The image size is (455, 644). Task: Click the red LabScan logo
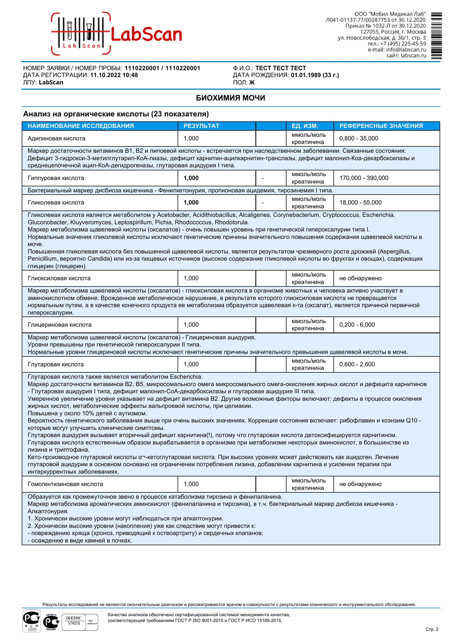tap(116, 34)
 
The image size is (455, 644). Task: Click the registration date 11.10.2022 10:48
tap(114, 75)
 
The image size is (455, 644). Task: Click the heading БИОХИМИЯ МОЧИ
tap(230, 98)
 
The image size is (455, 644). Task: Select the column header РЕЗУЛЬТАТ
tap(201, 126)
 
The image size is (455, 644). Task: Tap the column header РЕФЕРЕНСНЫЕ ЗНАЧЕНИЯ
tap(381, 126)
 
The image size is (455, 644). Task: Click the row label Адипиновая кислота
tap(56, 138)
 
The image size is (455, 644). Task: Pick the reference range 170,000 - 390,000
tap(364, 178)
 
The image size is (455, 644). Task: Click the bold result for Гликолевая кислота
tap(191, 203)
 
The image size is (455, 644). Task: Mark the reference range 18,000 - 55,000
tap(360, 203)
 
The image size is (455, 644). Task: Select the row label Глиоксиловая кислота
tap(59, 278)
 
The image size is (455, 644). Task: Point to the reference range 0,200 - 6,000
tap(357, 325)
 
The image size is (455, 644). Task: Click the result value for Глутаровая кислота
tap(191, 364)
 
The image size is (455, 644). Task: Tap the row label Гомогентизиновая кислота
tap(65, 484)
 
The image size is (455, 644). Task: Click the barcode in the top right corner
tap(436, 36)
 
